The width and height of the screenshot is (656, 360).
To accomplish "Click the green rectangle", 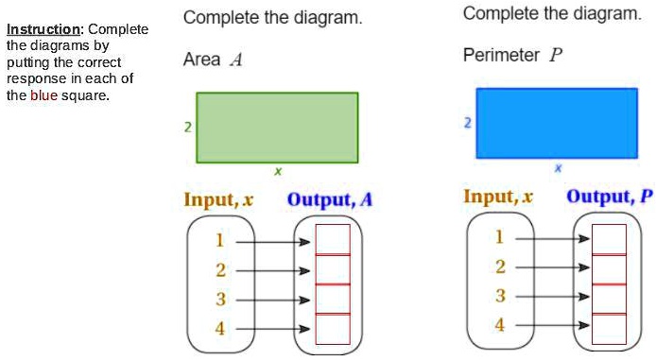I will (x=277, y=127).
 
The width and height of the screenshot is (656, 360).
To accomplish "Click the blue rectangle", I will (x=557, y=123).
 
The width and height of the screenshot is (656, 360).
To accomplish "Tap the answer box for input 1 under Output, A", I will (x=333, y=239).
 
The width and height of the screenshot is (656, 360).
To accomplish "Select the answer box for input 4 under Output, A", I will (x=333, y=328).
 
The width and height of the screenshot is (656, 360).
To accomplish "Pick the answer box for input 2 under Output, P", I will (x=610, y=269).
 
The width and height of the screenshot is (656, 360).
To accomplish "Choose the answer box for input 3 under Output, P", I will (x=610, y=298).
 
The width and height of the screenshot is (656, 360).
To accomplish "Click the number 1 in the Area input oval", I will (x=220, y=241).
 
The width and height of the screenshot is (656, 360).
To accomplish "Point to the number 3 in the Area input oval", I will (x=220, y=300).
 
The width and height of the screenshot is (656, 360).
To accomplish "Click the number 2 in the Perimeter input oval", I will (x=500, y=267).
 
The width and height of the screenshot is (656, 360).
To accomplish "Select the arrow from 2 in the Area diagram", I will (x=272, y=270).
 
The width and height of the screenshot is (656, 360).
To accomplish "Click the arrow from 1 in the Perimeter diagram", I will (x=552, y=239).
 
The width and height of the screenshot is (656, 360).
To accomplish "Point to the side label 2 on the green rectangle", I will (x=189, y=127).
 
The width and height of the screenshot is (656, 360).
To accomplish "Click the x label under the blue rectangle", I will (x=557, y=167).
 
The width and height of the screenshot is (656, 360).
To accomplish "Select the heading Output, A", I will (x=330, y=199).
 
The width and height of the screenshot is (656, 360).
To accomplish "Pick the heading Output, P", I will (x=610, y=197).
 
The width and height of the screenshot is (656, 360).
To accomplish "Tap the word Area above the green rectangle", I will (x=202, y=60).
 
